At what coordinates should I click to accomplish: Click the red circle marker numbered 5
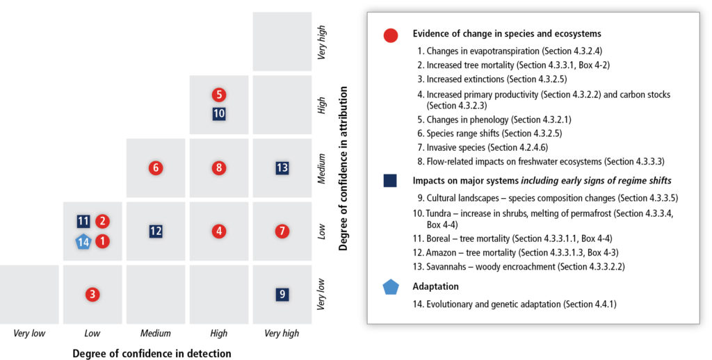(219, 95)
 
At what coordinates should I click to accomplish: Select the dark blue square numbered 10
(219, 113)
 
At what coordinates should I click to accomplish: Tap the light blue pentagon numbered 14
(83, 241)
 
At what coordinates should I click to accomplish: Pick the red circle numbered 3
(92, 294)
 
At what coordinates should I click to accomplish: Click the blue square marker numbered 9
(282, 294)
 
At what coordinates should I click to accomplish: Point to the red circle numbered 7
(282, 231)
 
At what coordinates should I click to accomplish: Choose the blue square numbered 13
(282, 168)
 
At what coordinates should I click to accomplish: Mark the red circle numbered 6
(156, 168)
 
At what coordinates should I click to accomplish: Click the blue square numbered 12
(156, 231)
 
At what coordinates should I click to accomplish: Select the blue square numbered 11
(83, 221)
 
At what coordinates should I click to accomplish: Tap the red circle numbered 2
(102, 221)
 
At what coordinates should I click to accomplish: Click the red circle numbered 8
(219, 168)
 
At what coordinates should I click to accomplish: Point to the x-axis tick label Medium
(155, 333)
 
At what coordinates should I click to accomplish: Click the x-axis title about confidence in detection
(152, 353)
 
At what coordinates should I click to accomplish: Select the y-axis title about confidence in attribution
(343, 168)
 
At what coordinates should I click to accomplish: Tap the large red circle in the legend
(391, 35)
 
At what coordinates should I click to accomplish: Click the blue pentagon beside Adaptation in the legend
(391, 287)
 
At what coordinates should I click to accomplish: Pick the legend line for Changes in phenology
(494, 120)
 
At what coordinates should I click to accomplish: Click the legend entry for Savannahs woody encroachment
(519, 266)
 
